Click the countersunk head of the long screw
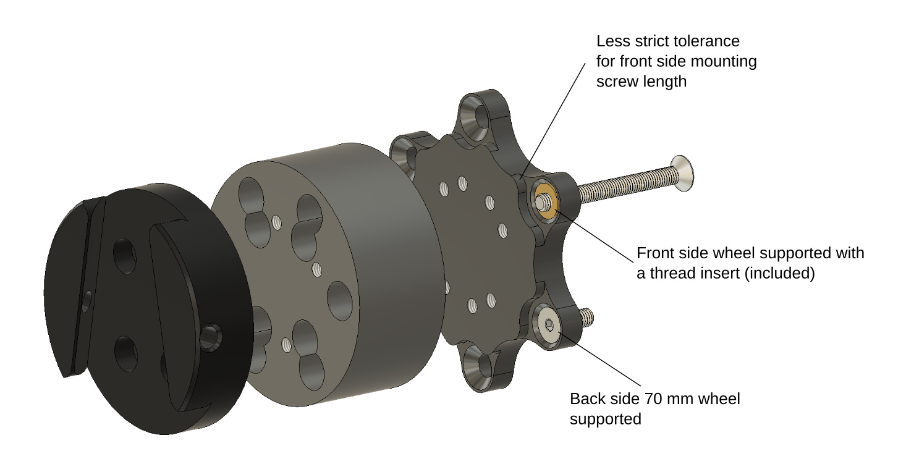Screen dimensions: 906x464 click(x=682, y=174)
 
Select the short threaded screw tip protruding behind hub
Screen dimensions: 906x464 click(x=586, y=316)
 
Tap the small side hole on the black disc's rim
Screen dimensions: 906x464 click(x=211, y=337)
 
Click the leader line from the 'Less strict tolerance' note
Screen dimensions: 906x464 click(x=553, y=120)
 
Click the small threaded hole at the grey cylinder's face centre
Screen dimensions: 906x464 click(x=318, y=270)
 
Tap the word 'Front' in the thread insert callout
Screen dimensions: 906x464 click(x=653, y=253)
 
